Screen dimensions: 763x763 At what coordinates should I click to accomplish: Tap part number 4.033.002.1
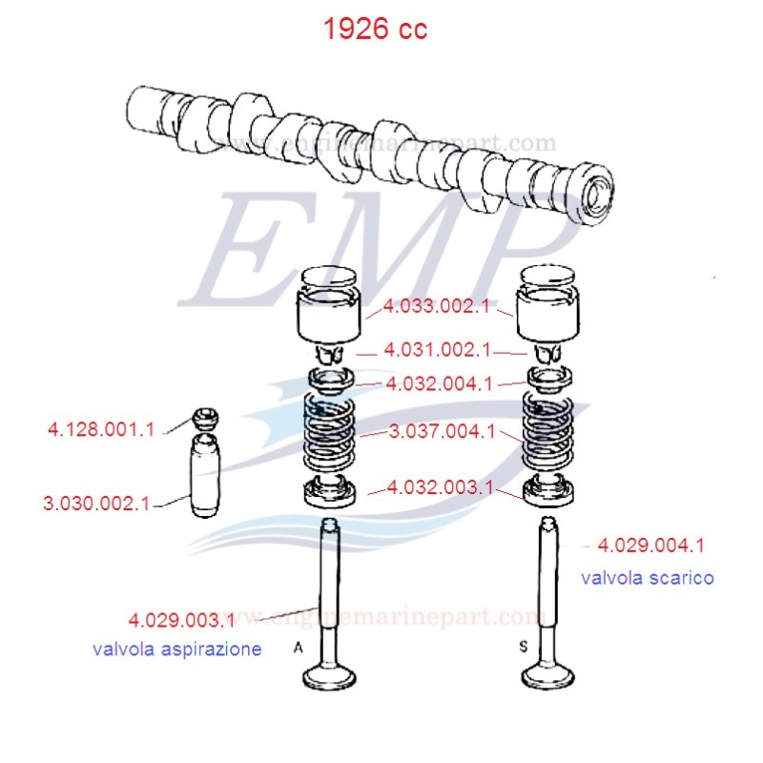(x=438, y=308)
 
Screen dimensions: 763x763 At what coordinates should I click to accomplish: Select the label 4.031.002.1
(x=438, y=350)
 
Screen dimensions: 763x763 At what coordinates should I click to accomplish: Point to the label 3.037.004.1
(x=443, y=432)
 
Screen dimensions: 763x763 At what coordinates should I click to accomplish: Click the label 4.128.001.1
(x=100, y=430)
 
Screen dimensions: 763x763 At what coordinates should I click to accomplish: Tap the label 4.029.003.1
(x=182, y=621)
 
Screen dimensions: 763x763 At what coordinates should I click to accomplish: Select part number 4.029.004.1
(x=650, y=546)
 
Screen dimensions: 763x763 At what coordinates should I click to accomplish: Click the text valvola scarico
(x=647, y=578)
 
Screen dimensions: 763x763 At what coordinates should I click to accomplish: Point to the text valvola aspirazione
(x=176, y=650)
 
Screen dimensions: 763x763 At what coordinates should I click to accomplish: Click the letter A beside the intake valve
(x=298, y=647)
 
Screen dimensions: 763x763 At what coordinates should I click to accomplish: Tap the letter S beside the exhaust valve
(x=523, y=647)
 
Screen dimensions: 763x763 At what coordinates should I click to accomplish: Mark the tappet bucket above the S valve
(x=548, y=310)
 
